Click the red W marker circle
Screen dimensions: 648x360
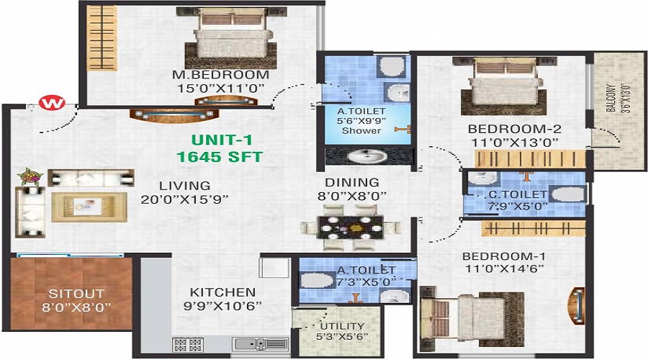[x=52, y=102]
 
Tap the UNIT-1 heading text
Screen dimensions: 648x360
[x=222, y=140]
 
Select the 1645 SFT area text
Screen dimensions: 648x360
[x=220, y=157]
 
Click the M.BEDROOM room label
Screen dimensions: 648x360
[x=221, y=75]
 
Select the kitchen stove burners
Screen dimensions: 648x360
[x=188, y=344]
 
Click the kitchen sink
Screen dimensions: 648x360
[x=261, y=344]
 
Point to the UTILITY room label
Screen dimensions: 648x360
[x=342, y=325]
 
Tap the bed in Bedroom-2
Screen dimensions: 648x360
[x=504, y=86]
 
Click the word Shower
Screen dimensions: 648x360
[x=361, y=131]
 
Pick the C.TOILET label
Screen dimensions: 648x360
[x=518, y=194]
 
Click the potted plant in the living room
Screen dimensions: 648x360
[x=30, y=177]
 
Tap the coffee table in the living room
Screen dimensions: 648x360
[x=89, y=207]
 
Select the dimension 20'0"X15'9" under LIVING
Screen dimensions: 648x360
[x=184, y=199]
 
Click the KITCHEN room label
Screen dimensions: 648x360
[x=222, y=292]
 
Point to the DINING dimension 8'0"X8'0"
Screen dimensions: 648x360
[x=351, y=196]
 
